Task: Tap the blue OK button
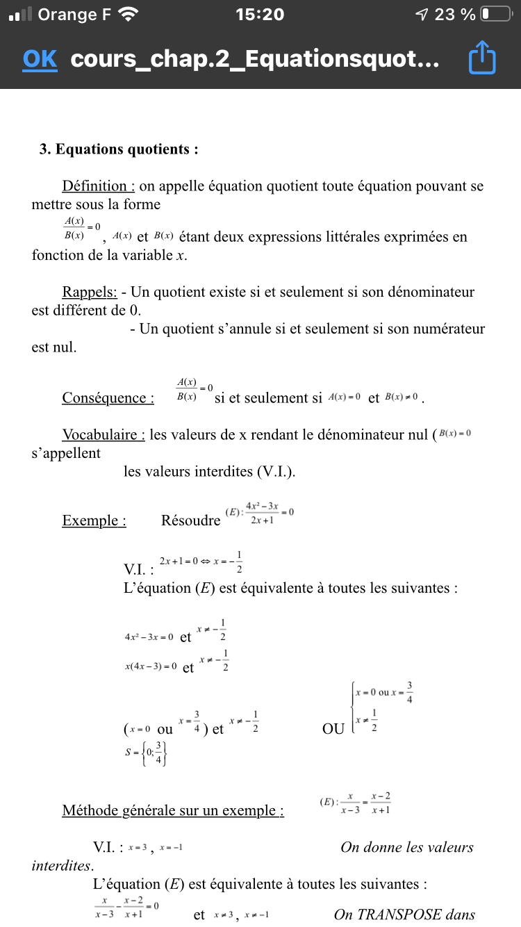pyautogui.click(x=40, y=59)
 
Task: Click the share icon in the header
pyautogui.click(x=482, y=58)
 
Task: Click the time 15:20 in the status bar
pyautogui.click(x=260, y=15)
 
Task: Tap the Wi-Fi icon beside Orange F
pyautogui.click(x=129, y=14)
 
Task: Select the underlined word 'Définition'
pyautogui.click(x=98, y=186)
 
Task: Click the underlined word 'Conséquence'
pyautogui.click(x=108, y=398)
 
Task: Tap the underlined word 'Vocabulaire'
pyautogui.click(x=104, y=435)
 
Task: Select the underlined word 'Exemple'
pyautogui.click(x=94, y=520)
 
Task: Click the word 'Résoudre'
pyautogui.click(x=190, y=520)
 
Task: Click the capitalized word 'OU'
pyautogui.click(x=333, y=729)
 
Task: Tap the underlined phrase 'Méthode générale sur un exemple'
pyautogui.click(x=173, y=810)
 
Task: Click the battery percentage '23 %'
pyautogui.click(x=454, y=15)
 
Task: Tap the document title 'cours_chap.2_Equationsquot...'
pyautogui.click(x=254, y=60)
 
